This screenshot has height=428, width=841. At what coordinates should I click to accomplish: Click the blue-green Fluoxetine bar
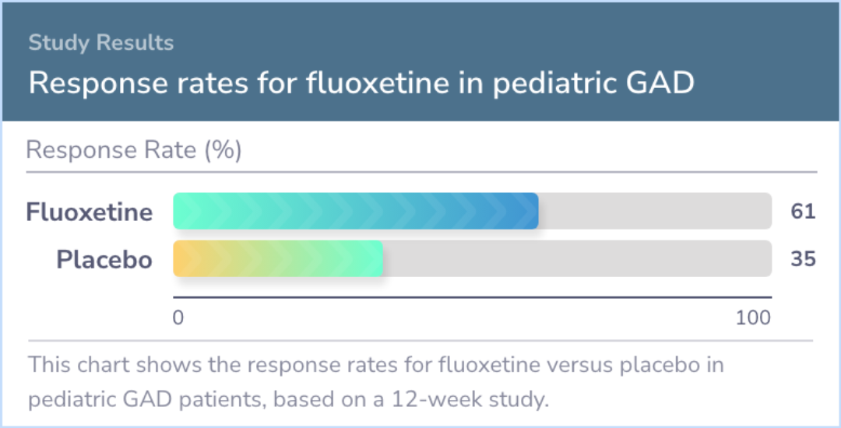356,211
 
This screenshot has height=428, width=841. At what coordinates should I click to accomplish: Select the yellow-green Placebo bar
278,258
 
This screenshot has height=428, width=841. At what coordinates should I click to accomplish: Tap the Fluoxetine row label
90,212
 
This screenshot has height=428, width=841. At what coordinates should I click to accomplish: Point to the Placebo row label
104,259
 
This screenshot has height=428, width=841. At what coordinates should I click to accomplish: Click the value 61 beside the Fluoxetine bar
803,211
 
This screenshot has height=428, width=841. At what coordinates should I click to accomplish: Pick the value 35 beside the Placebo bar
803,258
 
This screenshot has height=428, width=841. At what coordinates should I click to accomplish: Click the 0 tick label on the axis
178,317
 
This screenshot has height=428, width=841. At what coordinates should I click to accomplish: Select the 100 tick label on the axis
753,317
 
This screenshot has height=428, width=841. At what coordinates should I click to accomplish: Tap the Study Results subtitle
100,42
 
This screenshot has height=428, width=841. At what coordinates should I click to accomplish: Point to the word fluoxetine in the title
378,83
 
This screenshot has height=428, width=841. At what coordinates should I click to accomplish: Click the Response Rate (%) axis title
134,150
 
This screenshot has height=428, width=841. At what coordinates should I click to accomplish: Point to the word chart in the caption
103,365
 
